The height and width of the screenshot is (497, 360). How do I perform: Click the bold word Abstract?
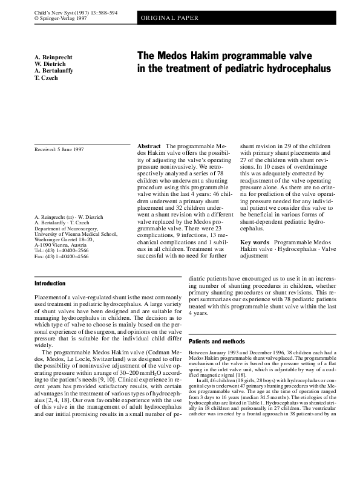coord(149,147)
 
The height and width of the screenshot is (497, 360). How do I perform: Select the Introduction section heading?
coord(50,284)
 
